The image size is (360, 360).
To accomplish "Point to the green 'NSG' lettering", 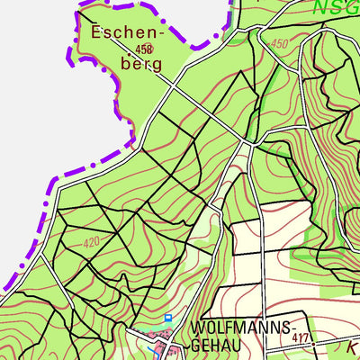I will tap(337, 7).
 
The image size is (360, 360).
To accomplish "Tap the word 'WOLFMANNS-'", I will tap(241, 325).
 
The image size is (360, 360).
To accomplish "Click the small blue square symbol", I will tap(167, 318).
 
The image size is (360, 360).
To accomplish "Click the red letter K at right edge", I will tap(352, 345).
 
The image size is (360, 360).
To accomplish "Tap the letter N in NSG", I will tap(321, 7).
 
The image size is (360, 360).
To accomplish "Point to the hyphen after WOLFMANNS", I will tap(292, 326).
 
